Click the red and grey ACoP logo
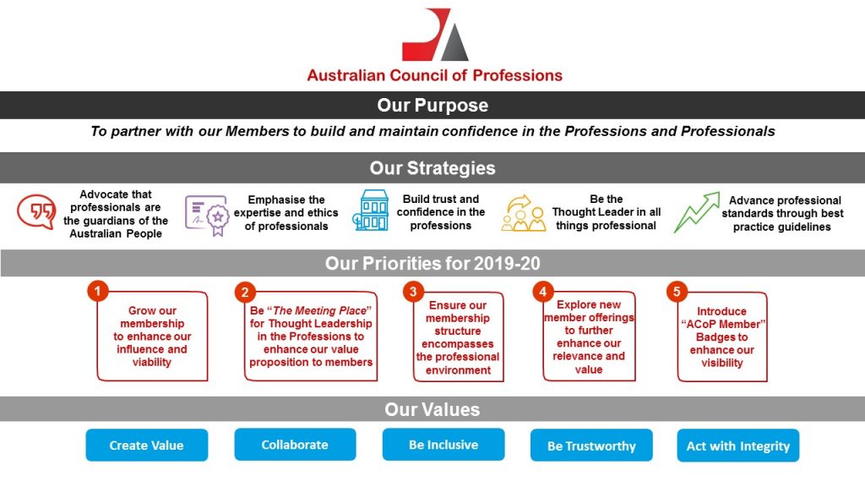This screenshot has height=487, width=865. (435, 34)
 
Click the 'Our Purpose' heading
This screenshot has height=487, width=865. (432, 105)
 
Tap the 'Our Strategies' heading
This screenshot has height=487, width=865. (432, 168)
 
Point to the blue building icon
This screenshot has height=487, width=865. (371, 211)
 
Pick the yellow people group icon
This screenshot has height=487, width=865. (523, 213)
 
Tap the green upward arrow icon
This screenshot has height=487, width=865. (697, 212)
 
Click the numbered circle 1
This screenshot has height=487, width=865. (98, 291)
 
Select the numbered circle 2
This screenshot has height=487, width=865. (245, 292)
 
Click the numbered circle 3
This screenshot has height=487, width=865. (413, 291)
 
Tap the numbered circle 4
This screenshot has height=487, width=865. (543, 291)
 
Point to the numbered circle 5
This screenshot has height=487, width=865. (677, 291)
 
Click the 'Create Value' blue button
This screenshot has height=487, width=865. (147, 445)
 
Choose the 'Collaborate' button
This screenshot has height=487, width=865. (295, 445)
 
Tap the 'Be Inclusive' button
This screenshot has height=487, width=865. (443, 445)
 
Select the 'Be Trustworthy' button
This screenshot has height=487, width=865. (591, 445)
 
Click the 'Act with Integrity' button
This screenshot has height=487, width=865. (738, 445)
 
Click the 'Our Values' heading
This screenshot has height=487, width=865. (432, 409)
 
